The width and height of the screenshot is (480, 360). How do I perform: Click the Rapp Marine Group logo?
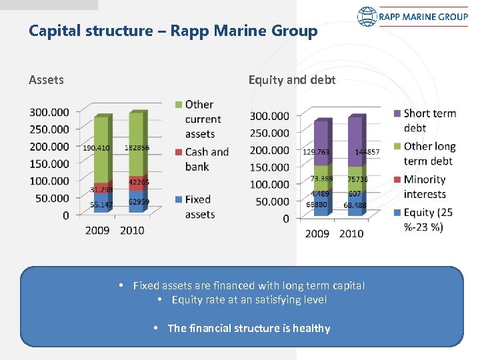pos(412,16)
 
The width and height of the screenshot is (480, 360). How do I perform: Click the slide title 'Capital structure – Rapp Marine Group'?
pos(173,31)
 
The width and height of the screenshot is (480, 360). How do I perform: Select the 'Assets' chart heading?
pos(46,80)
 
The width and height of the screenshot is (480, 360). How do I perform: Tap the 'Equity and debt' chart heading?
pos(292,80)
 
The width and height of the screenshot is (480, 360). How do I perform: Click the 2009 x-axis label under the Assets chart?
pos(97,231)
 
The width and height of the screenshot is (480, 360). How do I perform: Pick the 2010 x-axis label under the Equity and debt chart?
pos(351,233)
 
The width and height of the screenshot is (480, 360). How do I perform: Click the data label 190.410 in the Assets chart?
pos(96,147)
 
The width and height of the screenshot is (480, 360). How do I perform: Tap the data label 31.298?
pos(101,190)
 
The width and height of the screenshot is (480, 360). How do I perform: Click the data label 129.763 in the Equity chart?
pos(315,152)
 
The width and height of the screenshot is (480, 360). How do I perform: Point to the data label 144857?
pos(367,152)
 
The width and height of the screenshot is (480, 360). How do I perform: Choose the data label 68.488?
pos(355,205)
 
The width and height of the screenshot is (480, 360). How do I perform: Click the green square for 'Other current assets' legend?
pos(178,105)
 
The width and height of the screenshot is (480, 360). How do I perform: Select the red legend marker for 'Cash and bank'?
pos(178,152)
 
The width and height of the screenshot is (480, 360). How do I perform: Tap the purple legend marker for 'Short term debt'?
pos(397,114)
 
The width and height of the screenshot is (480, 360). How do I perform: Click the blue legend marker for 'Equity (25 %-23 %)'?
pos(397,213)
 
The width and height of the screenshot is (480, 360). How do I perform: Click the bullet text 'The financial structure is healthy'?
pos(249,328)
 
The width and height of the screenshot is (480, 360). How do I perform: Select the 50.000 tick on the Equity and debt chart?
pos(270,201)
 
